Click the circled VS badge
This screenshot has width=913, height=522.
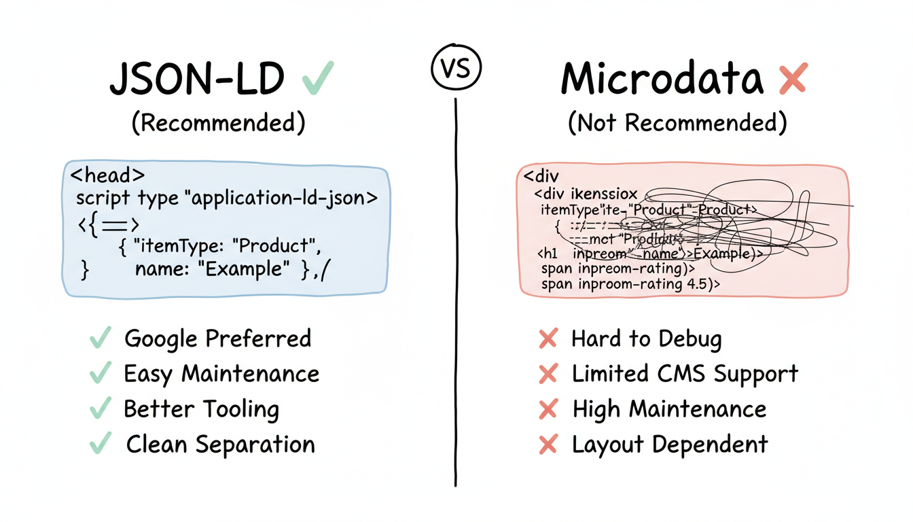456,69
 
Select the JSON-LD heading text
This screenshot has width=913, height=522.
196,80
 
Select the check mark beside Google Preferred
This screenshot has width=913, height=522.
101,338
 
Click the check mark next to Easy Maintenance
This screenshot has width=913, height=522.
101,373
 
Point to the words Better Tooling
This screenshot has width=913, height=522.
201,409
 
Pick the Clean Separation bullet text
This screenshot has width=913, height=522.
220,445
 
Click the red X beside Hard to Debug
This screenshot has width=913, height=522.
548,338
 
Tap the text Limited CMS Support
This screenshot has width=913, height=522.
685,373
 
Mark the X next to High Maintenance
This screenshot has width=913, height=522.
548,409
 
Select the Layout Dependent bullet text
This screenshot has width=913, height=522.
670,445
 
